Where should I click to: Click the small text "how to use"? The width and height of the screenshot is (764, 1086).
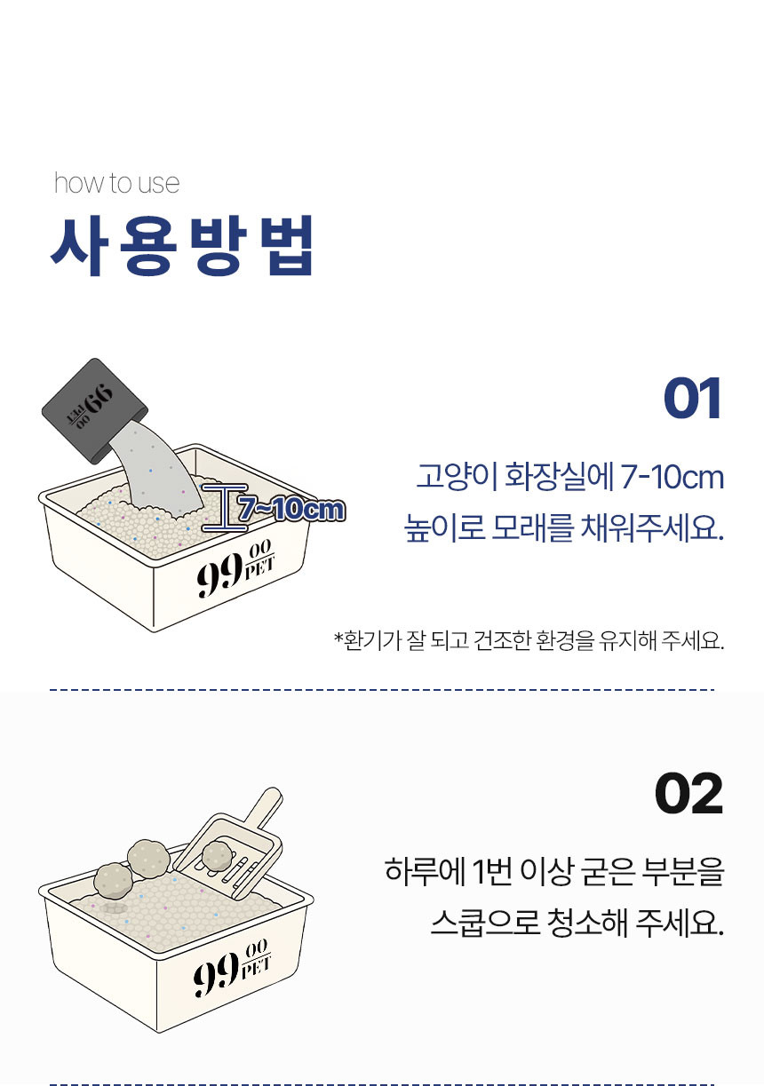(x=116, y=183)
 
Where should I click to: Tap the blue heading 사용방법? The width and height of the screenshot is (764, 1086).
(x=182, y=244)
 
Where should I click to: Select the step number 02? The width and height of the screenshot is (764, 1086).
(x=688, y=794)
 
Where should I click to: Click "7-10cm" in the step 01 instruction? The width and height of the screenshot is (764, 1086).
(x=672, y=477)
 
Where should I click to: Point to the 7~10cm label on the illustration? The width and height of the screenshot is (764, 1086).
(x=290, y=510)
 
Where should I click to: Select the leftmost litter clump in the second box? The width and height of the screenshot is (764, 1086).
(x=114, y=881)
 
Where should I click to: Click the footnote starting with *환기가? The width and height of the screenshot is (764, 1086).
(x=529, y=640)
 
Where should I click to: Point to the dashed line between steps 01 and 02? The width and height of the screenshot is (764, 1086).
(x=382, y=689)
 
